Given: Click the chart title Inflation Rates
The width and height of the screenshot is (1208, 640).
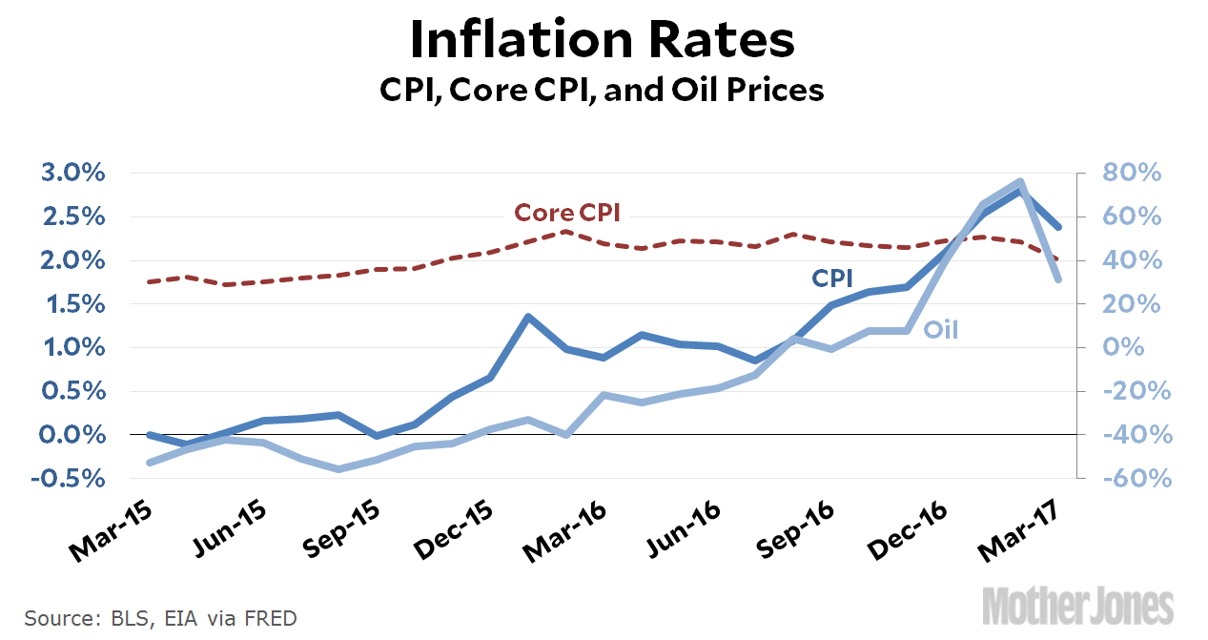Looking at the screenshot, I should click(x=602, y=41).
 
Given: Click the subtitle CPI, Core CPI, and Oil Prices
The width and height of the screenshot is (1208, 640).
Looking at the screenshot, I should click(x=602, y=91).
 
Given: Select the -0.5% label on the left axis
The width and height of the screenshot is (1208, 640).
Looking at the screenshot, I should click(x=72, y=478).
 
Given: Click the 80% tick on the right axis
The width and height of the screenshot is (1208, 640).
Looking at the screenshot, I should click(x=1131, y=174).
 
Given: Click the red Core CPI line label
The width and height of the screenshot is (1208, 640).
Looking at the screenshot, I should click(x=567, y=213).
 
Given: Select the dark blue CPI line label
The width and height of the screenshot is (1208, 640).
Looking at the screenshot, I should click(x=831, y=278).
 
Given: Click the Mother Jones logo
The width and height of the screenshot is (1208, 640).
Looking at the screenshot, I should click(x=1078, y=606).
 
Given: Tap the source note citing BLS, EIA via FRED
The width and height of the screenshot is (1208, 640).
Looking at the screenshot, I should click(x=160, y=618).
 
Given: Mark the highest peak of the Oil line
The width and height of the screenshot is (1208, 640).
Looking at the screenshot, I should click(x=1020, y=181).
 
